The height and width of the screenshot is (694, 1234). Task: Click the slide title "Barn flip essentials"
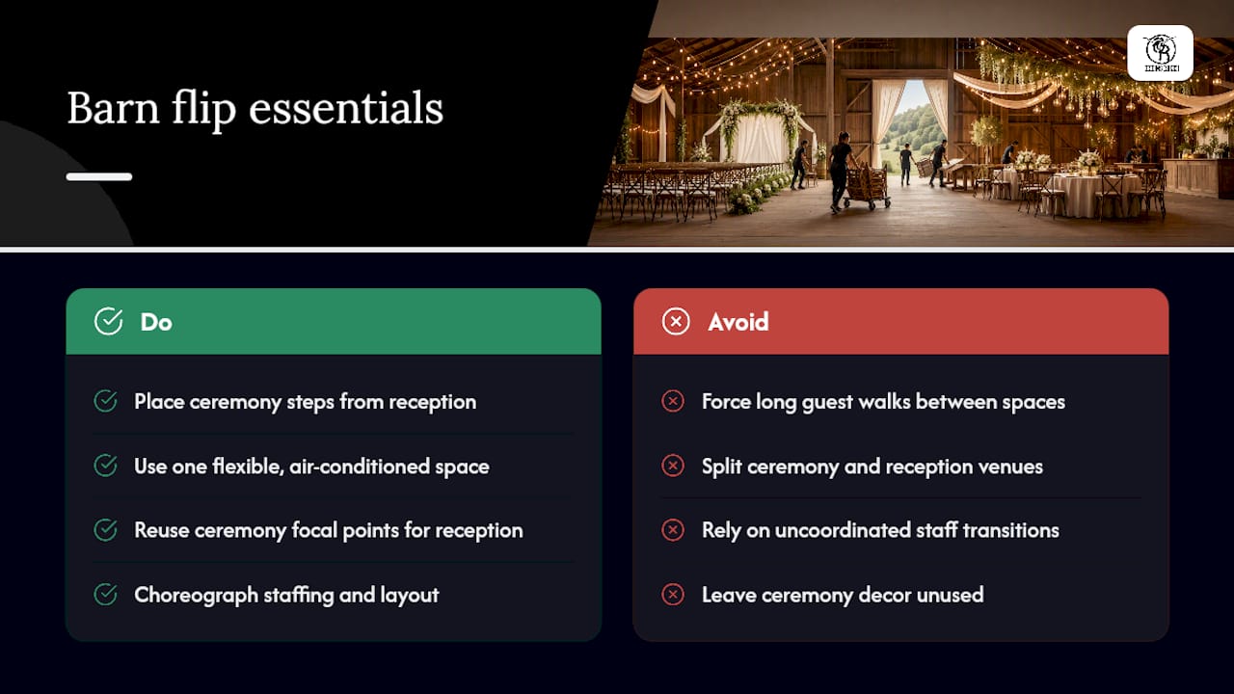click(255, 109)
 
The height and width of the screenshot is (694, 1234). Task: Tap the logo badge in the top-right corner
click(1160, 53)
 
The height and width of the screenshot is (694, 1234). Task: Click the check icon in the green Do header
click(109, 321)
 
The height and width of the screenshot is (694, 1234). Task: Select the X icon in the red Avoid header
click(676, 321)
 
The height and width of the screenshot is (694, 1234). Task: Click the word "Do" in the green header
click(156, 322)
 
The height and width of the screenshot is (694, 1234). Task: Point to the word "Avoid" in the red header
click(738, 322)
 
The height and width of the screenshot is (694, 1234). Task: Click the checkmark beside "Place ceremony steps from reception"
click(105, 401)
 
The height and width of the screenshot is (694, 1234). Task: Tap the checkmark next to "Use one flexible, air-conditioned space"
click(105, 466)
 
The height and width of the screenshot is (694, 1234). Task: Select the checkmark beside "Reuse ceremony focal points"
click(105, 530)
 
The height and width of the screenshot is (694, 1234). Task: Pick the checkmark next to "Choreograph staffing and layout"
click(105, 595)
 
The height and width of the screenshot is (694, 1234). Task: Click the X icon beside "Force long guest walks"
click(673, 401)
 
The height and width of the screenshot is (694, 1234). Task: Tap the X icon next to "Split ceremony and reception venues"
click(673, 466)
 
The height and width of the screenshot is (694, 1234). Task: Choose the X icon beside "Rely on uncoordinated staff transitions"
click(673, 530)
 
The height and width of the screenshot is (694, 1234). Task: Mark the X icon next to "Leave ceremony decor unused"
click(673, 595)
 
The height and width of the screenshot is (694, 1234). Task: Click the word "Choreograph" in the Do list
click(196, 596)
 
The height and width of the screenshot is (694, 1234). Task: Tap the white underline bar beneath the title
click(99, 176)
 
